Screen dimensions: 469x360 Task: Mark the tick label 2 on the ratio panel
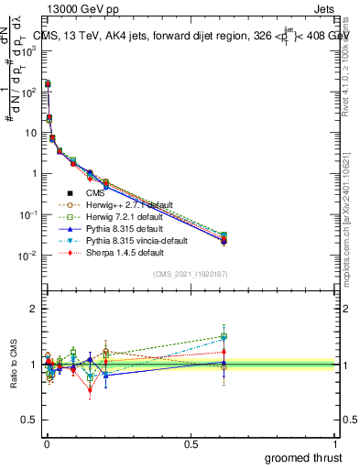[x=34, y=309]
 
